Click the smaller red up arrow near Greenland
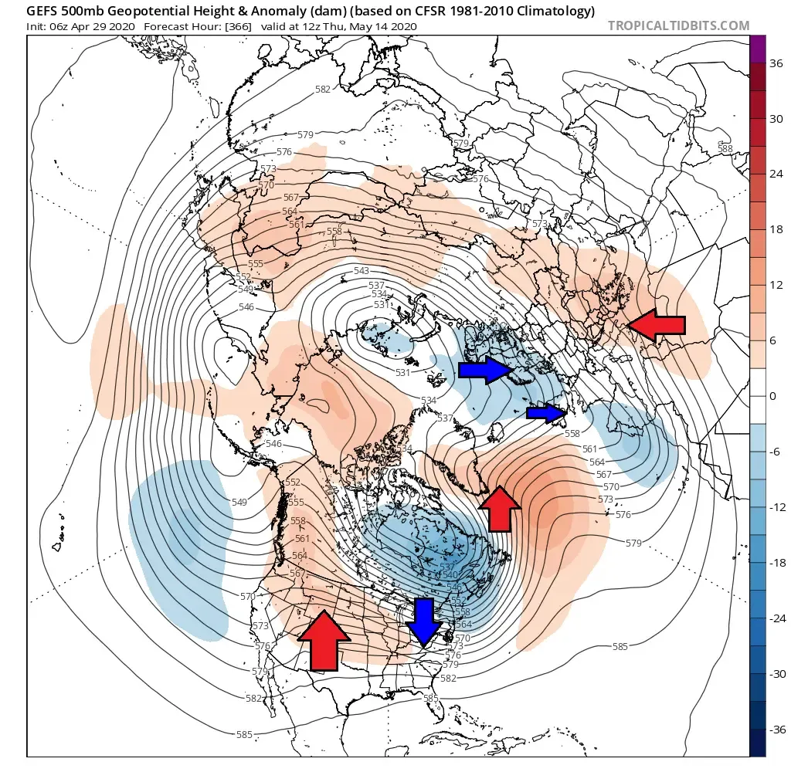(499, 509)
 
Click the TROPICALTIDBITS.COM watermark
(678, 25)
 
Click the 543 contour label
(362, 270)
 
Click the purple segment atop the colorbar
(758, 48)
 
